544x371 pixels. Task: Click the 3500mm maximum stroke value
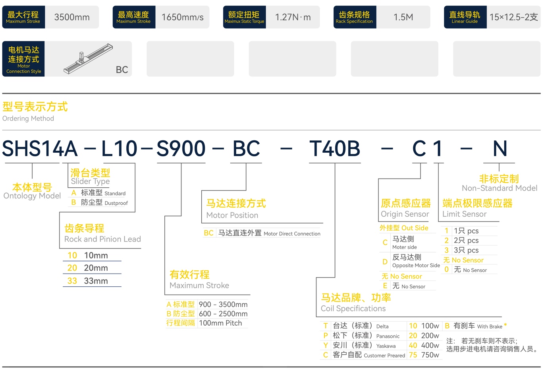[x=72, y=17]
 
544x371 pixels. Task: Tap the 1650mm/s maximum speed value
[x=182, y=17]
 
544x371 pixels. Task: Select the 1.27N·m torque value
[x=293, y=17]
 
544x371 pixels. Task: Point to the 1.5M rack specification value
[x=403, y=17]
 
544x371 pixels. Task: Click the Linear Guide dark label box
[x=465, y=17]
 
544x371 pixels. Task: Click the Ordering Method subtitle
[x=28, y=118]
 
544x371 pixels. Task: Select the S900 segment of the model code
[x=181, y=148]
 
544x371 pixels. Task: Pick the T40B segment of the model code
[x=334, y=148]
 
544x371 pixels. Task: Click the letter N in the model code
[x=500, y=148]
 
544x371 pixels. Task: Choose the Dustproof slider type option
[x=100, y=202]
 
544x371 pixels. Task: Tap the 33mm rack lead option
[x=88, y=281]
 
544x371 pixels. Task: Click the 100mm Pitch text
[x=220, y=323]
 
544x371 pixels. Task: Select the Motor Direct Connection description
[x=292, y=234]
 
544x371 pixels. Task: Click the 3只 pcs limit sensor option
[x=466, y=250]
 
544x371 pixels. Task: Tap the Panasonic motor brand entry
[x=388, y=336]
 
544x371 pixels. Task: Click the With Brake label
[x=490, y=326]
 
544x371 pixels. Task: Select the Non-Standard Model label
[x=499, y=188]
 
